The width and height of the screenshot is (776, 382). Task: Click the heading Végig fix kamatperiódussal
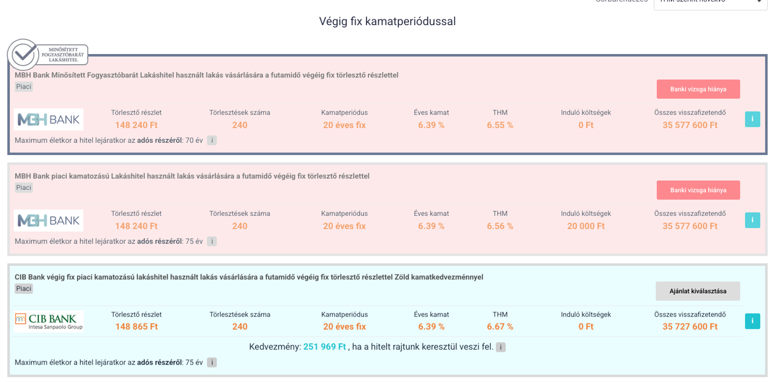click(387, 21)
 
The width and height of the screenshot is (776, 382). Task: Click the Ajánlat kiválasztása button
click(698, 291)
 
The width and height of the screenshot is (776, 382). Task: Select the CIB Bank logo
click(49, 321)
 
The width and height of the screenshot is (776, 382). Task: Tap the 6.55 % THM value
click(500, 125)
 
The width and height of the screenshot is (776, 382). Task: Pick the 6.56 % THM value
click(500, 226)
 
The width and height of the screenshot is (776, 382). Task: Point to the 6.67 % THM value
click(500, 327)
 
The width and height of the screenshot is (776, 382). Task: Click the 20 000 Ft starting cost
click(586, 226)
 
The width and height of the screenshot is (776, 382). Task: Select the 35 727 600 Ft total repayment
click(690, 327)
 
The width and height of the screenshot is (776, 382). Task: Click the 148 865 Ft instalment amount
click(137, 327)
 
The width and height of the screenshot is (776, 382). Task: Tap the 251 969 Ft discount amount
click(324, 347)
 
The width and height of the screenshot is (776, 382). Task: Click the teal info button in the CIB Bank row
click(752, 321)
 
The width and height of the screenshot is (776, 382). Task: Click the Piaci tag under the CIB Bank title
click(24, 289)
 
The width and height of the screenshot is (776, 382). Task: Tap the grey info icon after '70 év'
click(212, 140)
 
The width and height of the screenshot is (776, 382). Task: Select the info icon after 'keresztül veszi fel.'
click(501, 347)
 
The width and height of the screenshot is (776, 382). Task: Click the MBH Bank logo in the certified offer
click(48, 120)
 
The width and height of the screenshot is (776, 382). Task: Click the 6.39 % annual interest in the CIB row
click(431, 327)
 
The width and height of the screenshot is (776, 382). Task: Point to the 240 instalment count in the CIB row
click(240, 327)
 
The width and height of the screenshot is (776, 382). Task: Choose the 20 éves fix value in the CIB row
click(344, 327)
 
